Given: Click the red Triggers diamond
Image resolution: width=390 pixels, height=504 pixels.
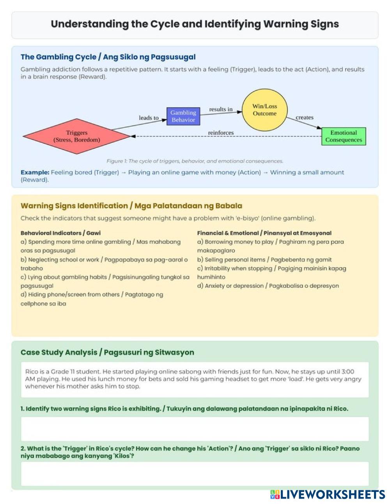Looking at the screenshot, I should coord(77,136).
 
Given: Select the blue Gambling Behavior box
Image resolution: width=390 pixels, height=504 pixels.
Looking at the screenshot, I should coord(183,116).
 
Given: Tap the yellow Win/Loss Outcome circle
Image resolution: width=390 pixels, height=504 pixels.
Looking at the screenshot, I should coord(264,110).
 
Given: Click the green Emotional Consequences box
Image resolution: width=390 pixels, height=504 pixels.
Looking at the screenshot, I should coord(344,136).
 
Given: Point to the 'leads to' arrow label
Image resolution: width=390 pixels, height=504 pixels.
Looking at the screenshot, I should coord(149,118).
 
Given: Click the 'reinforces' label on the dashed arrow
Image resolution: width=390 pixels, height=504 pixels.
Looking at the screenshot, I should coord(221,133).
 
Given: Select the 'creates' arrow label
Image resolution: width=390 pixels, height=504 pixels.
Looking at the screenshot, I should coord(304,117).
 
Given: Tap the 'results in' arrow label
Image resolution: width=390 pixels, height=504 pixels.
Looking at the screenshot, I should coord(221,109).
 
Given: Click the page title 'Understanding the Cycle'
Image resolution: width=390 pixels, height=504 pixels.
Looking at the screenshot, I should coord(195,24).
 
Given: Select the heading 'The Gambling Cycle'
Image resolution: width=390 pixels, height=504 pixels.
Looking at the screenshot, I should coord(108,57).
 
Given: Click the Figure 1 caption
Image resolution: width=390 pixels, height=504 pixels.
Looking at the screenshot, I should coord(195,161).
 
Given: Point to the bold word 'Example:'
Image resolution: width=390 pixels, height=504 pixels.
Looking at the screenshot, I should coord(35,172).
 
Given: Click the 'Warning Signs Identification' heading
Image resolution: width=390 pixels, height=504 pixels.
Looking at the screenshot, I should coord(131,206).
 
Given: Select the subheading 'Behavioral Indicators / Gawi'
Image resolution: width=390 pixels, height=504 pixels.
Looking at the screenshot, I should coord(60,233).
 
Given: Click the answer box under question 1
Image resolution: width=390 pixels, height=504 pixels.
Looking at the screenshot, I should coord(195,429).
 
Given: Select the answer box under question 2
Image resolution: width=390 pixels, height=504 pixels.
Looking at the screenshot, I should coord(195,474).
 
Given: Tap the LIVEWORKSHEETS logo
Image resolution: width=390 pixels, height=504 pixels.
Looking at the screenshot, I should coord(328,495).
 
